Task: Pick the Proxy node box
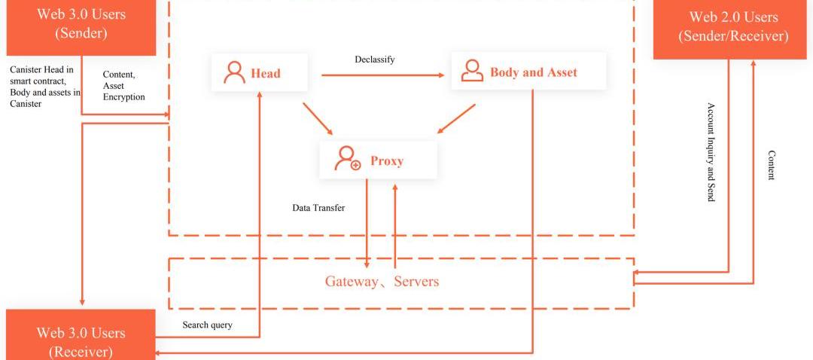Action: pyautogui.click(x=378, y=160)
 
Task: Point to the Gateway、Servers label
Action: pyautogui.click(x=382, y=282)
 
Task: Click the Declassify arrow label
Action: pyautogui.click(x=375, y=59)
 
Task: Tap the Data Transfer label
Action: pyautogui.click(x=318, y=208)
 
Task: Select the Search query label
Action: pyautogui.click(x=207, y=325)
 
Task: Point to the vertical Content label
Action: pyautogui.click(x=771, y=165)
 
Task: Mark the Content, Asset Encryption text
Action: pyautogui.click(x=123, y=86)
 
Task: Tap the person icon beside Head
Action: pyautogui.click(x=235, y=73)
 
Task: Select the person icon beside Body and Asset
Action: pyautogui.click(x=472, y=72)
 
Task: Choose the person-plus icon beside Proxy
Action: pyautogui.click(x=348, y=159)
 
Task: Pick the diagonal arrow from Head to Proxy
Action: pyautogui.click(x=318, y=119)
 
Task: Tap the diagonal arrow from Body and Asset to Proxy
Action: pyautogui.click(x=456, y=119)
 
